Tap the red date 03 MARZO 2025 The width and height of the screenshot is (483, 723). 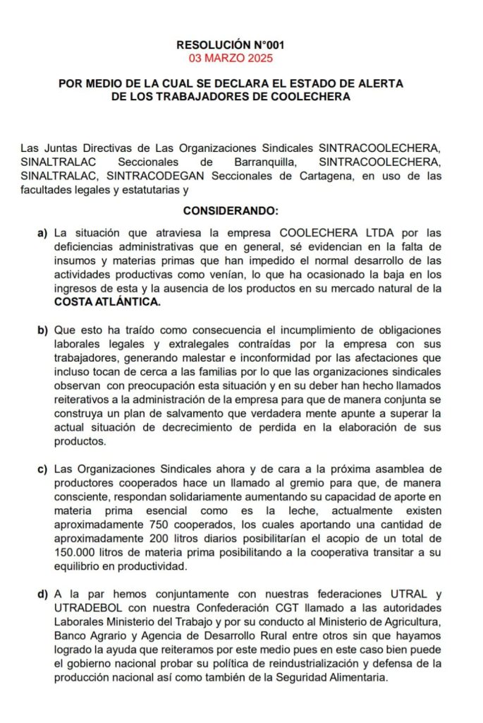(231, 57)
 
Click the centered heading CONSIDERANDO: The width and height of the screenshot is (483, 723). (231, 210)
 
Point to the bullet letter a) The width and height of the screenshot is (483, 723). (42, 232)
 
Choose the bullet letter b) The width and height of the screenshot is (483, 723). (42, 330)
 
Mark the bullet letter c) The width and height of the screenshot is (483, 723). (42, 469)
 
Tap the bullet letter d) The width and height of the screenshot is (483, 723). (42, 594)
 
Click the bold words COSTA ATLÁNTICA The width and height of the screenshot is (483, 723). (107, 301)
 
